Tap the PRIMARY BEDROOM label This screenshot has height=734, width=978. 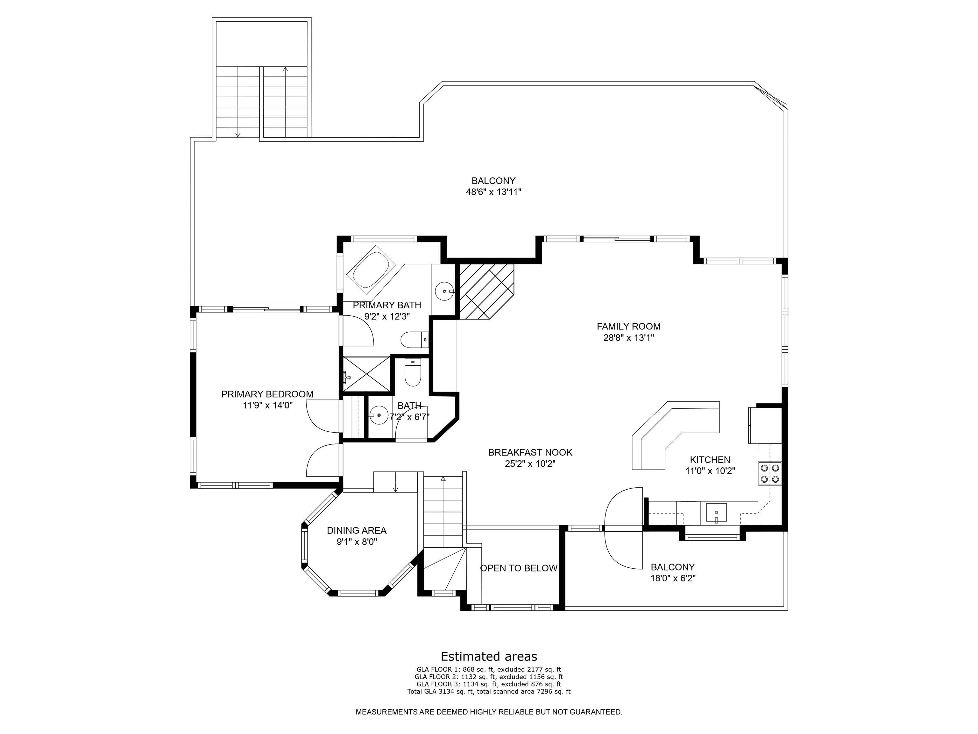[267, 394]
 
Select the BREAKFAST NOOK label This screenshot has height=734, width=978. [530, 453]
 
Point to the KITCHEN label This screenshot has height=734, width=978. [710, 460]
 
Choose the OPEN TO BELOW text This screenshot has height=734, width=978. [519, 568]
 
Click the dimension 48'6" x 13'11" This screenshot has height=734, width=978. [493, 192]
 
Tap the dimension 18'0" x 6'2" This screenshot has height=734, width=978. [673, 578]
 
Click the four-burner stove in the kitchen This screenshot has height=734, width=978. [770, 473]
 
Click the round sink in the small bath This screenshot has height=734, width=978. [379, 416]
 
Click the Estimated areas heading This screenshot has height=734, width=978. [489, 656]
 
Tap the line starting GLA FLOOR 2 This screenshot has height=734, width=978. [489, 676]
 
